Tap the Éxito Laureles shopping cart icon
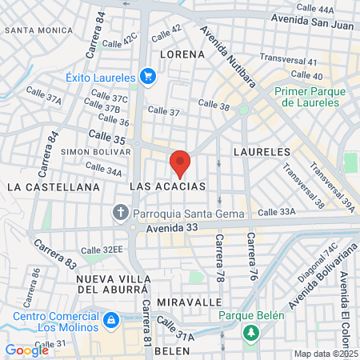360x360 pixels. pos(147,77)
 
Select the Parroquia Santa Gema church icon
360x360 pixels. pos(121,213)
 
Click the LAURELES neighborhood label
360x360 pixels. pos(261,150)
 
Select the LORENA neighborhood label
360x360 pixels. pos(182,54)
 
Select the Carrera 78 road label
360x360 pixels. pos(218,258)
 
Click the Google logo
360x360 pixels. pos(26,350)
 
